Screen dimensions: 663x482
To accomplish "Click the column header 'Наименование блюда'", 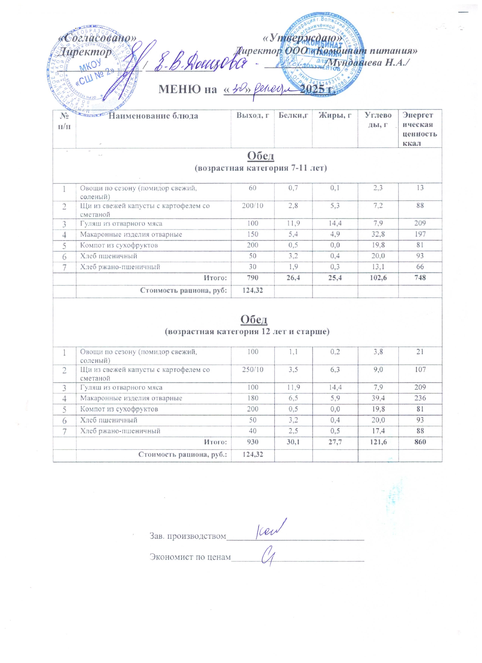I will point(153,116).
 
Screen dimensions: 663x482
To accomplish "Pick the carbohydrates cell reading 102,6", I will point(378,277).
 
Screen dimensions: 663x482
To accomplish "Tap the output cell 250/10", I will point(253,369).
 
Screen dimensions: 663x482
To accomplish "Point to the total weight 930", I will point(253,442).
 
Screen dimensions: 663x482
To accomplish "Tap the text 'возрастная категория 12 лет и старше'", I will point(247,332).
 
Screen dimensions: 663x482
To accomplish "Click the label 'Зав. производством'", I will point(188,536).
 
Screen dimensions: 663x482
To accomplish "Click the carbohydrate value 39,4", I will point(378,398).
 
